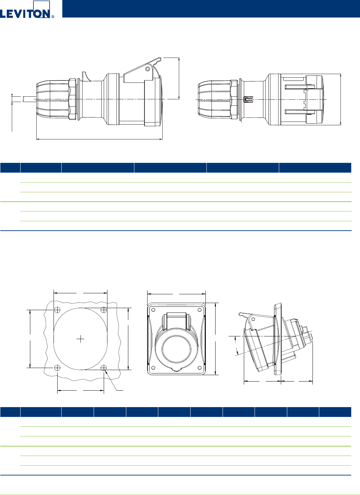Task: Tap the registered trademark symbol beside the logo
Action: [x=53, y=16]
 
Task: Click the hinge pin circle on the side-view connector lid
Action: [x=148, y=69]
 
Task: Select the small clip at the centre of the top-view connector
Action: [x=248, y=99]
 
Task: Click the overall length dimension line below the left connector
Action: [x=99, y=139]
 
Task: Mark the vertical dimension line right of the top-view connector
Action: [x=340, y=99]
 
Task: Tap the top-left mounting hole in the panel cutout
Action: [x=57, y=310]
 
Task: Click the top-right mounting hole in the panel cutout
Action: [x=104, y=310]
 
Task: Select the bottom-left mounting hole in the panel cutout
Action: [x=57, y=368]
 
